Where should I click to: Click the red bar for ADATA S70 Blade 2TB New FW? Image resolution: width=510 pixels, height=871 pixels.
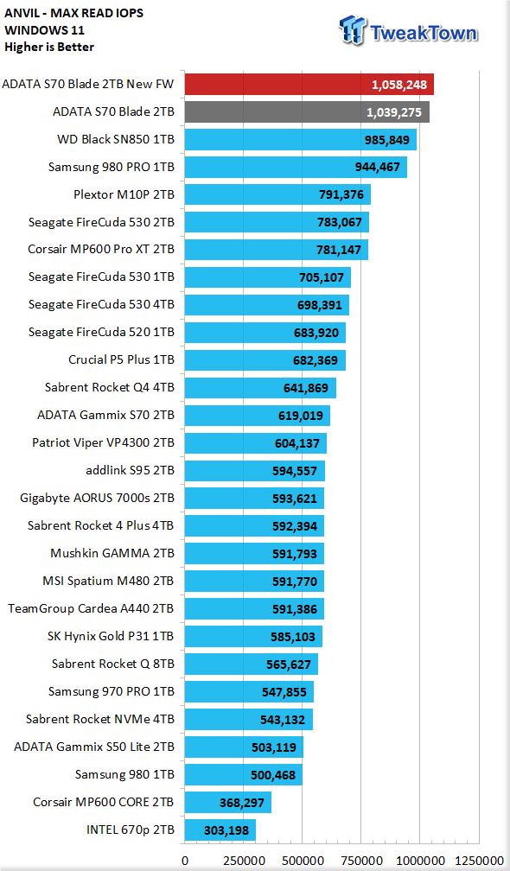pos(309,85)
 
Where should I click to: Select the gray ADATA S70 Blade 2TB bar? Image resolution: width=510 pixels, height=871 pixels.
pos(307,112)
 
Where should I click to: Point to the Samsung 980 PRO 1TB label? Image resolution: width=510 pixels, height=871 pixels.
pos(112,167)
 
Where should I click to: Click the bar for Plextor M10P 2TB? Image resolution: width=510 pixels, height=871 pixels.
pos(277,195)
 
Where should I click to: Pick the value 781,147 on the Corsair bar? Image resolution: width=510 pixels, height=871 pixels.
pos(339,250)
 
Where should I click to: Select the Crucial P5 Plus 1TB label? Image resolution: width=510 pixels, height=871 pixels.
pos(121,359)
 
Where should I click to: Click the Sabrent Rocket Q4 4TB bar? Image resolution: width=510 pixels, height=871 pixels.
pos(260,388)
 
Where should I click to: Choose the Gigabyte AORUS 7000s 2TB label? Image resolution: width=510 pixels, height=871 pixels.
pos(97,498)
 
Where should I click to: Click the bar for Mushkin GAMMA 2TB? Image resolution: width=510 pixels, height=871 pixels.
pos(254,554)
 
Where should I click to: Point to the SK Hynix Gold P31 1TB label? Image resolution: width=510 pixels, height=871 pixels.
pos(111,636)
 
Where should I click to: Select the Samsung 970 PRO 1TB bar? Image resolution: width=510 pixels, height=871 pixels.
pos(249,691)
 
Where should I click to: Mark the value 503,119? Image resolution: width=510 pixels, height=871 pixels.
pos(274,747)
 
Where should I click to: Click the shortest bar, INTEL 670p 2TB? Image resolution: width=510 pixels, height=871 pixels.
pos(220,830)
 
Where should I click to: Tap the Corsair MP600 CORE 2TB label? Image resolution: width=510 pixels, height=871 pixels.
pos(104,802)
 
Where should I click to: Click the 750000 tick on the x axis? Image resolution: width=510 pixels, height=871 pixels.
pos(360,861)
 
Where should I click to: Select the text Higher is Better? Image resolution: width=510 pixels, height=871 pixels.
pos(49,47)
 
